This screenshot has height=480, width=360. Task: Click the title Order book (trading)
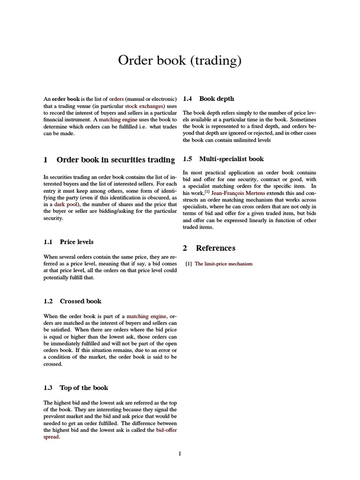[x=180, y=60]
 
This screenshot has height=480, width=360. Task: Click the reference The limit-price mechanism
[x=223, y=263]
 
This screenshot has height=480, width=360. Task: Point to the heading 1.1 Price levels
[x=68, y=242]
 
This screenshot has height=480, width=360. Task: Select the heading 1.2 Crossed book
[x=72, y=301]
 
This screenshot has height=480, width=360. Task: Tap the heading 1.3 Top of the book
[x=75, y=388]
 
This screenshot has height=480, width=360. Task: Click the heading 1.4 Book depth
[x=208, y=98]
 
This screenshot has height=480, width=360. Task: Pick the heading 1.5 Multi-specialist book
[x=223, y=159]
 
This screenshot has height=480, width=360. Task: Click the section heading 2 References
[x=209, y=248]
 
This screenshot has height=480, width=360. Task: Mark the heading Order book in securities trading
[x=109, y=160]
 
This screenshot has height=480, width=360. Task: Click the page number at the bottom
[x=180, y=453]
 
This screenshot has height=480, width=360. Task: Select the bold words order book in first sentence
[x=66, y=99]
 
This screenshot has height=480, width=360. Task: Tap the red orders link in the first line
[x=116, y=99]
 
